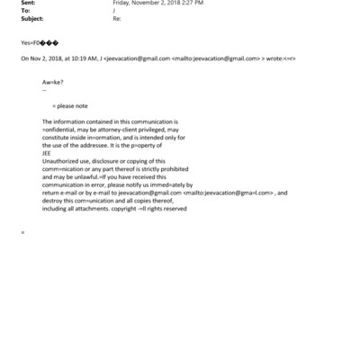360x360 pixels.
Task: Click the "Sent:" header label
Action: tap(29, 4)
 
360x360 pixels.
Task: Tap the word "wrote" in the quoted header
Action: tap(275, 58)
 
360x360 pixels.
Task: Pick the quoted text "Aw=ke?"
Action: tap(52, 82)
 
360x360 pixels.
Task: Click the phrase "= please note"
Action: tap(71, 106)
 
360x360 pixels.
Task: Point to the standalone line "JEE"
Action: tap(47, 153)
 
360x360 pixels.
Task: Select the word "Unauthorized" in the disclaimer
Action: tap(62, 161)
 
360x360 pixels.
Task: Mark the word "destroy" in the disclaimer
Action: tap(54, 200)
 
